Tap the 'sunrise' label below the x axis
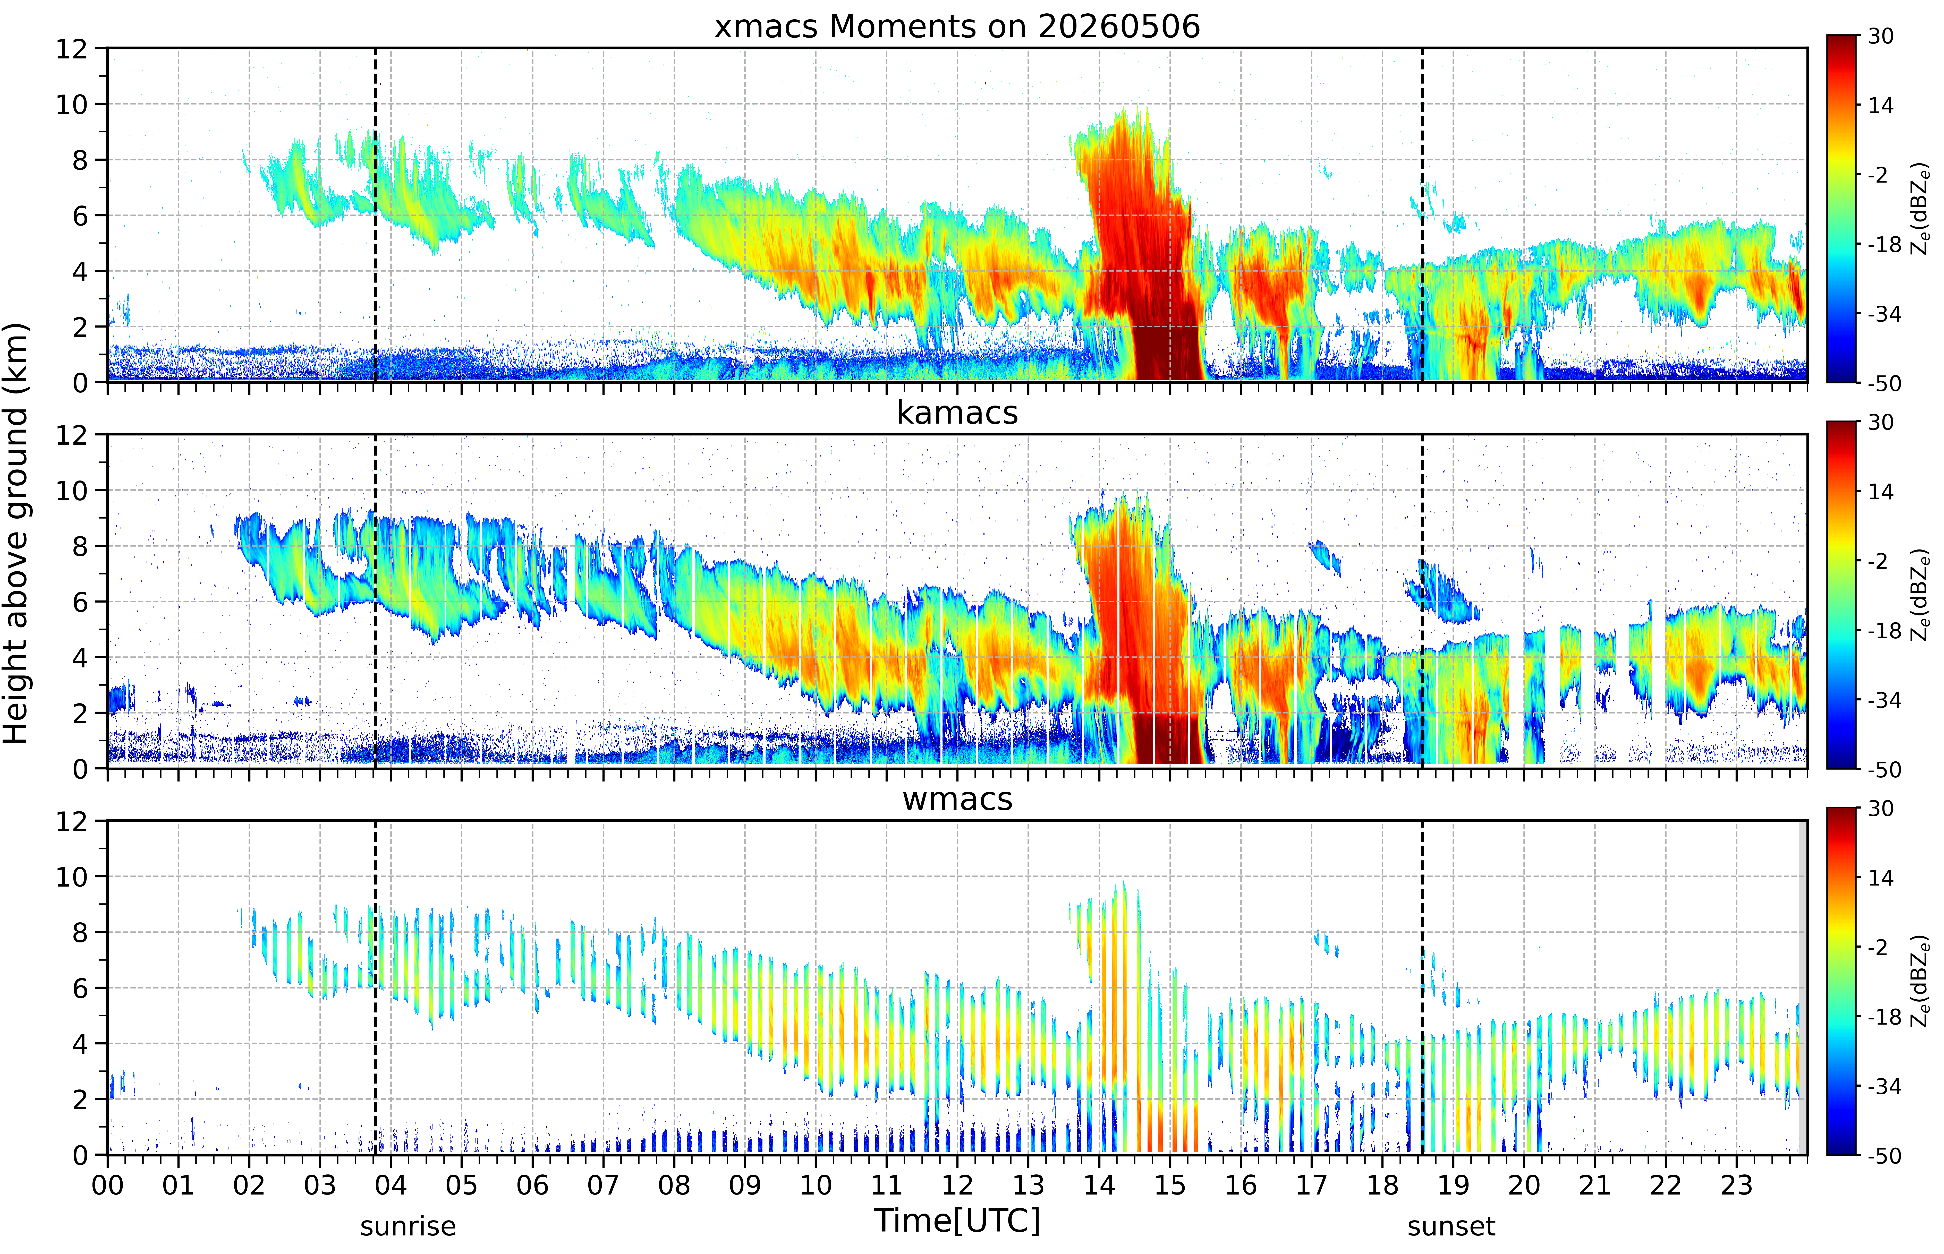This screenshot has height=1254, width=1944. (x=408, y=1225)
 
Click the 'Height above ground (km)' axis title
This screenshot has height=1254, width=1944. (x=16, y=533)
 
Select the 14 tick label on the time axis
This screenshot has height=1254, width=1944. (x=1099, y=1185)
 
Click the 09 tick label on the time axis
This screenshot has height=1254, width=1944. (x=745, y=1185)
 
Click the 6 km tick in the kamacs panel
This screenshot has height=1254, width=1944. (x=80, y=602)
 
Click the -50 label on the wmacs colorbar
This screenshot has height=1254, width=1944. (x=1884, y=1155)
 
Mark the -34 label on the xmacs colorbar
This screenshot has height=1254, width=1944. (x=1884, y=314)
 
